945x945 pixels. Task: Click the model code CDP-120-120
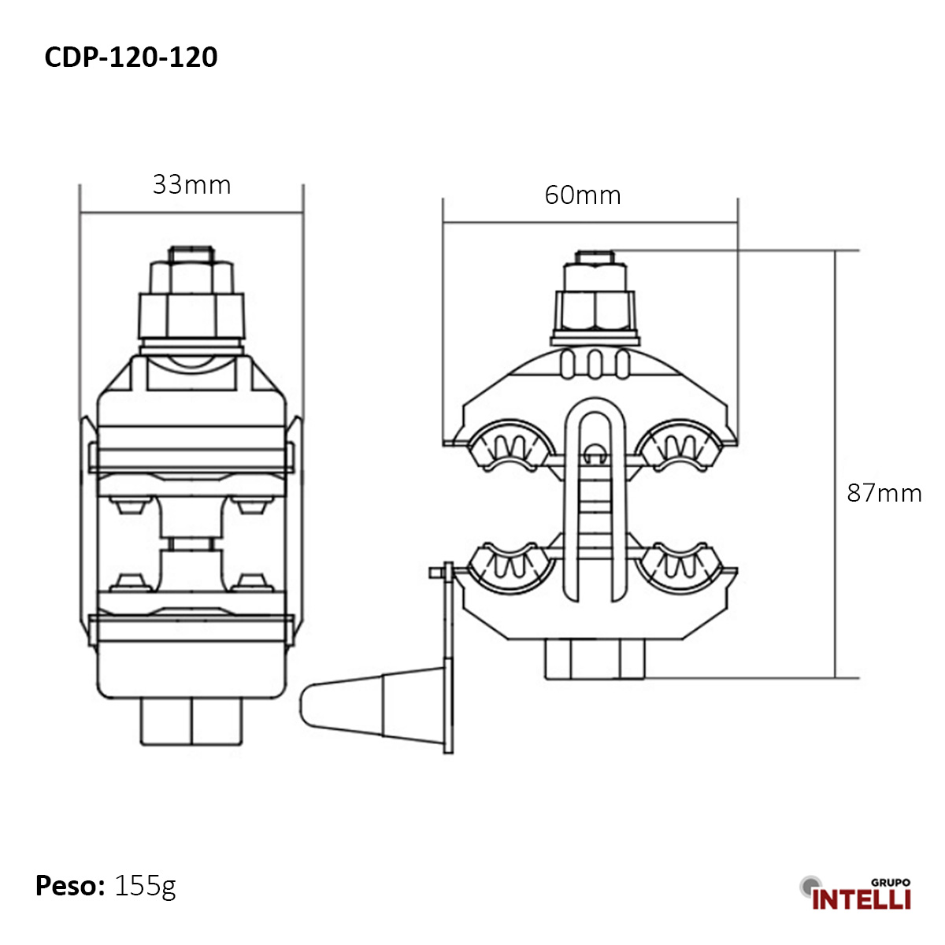click(131, 57)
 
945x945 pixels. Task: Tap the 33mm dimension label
click(191, 185)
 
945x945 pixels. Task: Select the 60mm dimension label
click(582, 195)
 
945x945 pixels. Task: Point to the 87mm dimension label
click(884, 493)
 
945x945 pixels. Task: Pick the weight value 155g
click(145, 886)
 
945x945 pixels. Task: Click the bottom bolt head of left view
click(191, 721)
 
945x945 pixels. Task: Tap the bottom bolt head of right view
click(595, 658)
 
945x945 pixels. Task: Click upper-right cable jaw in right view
click(680, 447)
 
